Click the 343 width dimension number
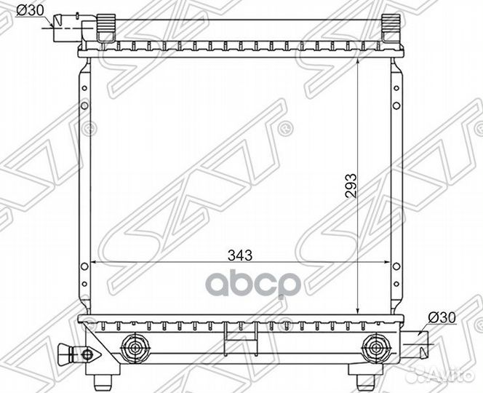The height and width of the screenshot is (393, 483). pos(240,255)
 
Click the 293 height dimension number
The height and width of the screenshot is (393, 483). pos(351,186)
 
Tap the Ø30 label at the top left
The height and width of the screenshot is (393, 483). pos(30,11)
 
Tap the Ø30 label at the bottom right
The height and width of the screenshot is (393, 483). pos(442,317)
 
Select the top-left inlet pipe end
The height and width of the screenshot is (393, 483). pos(61,28)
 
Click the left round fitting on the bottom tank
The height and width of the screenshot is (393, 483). pos(133,347)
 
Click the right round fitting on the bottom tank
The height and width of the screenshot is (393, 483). pos(375,347)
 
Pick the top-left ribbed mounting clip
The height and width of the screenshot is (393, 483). pos(105,28)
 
